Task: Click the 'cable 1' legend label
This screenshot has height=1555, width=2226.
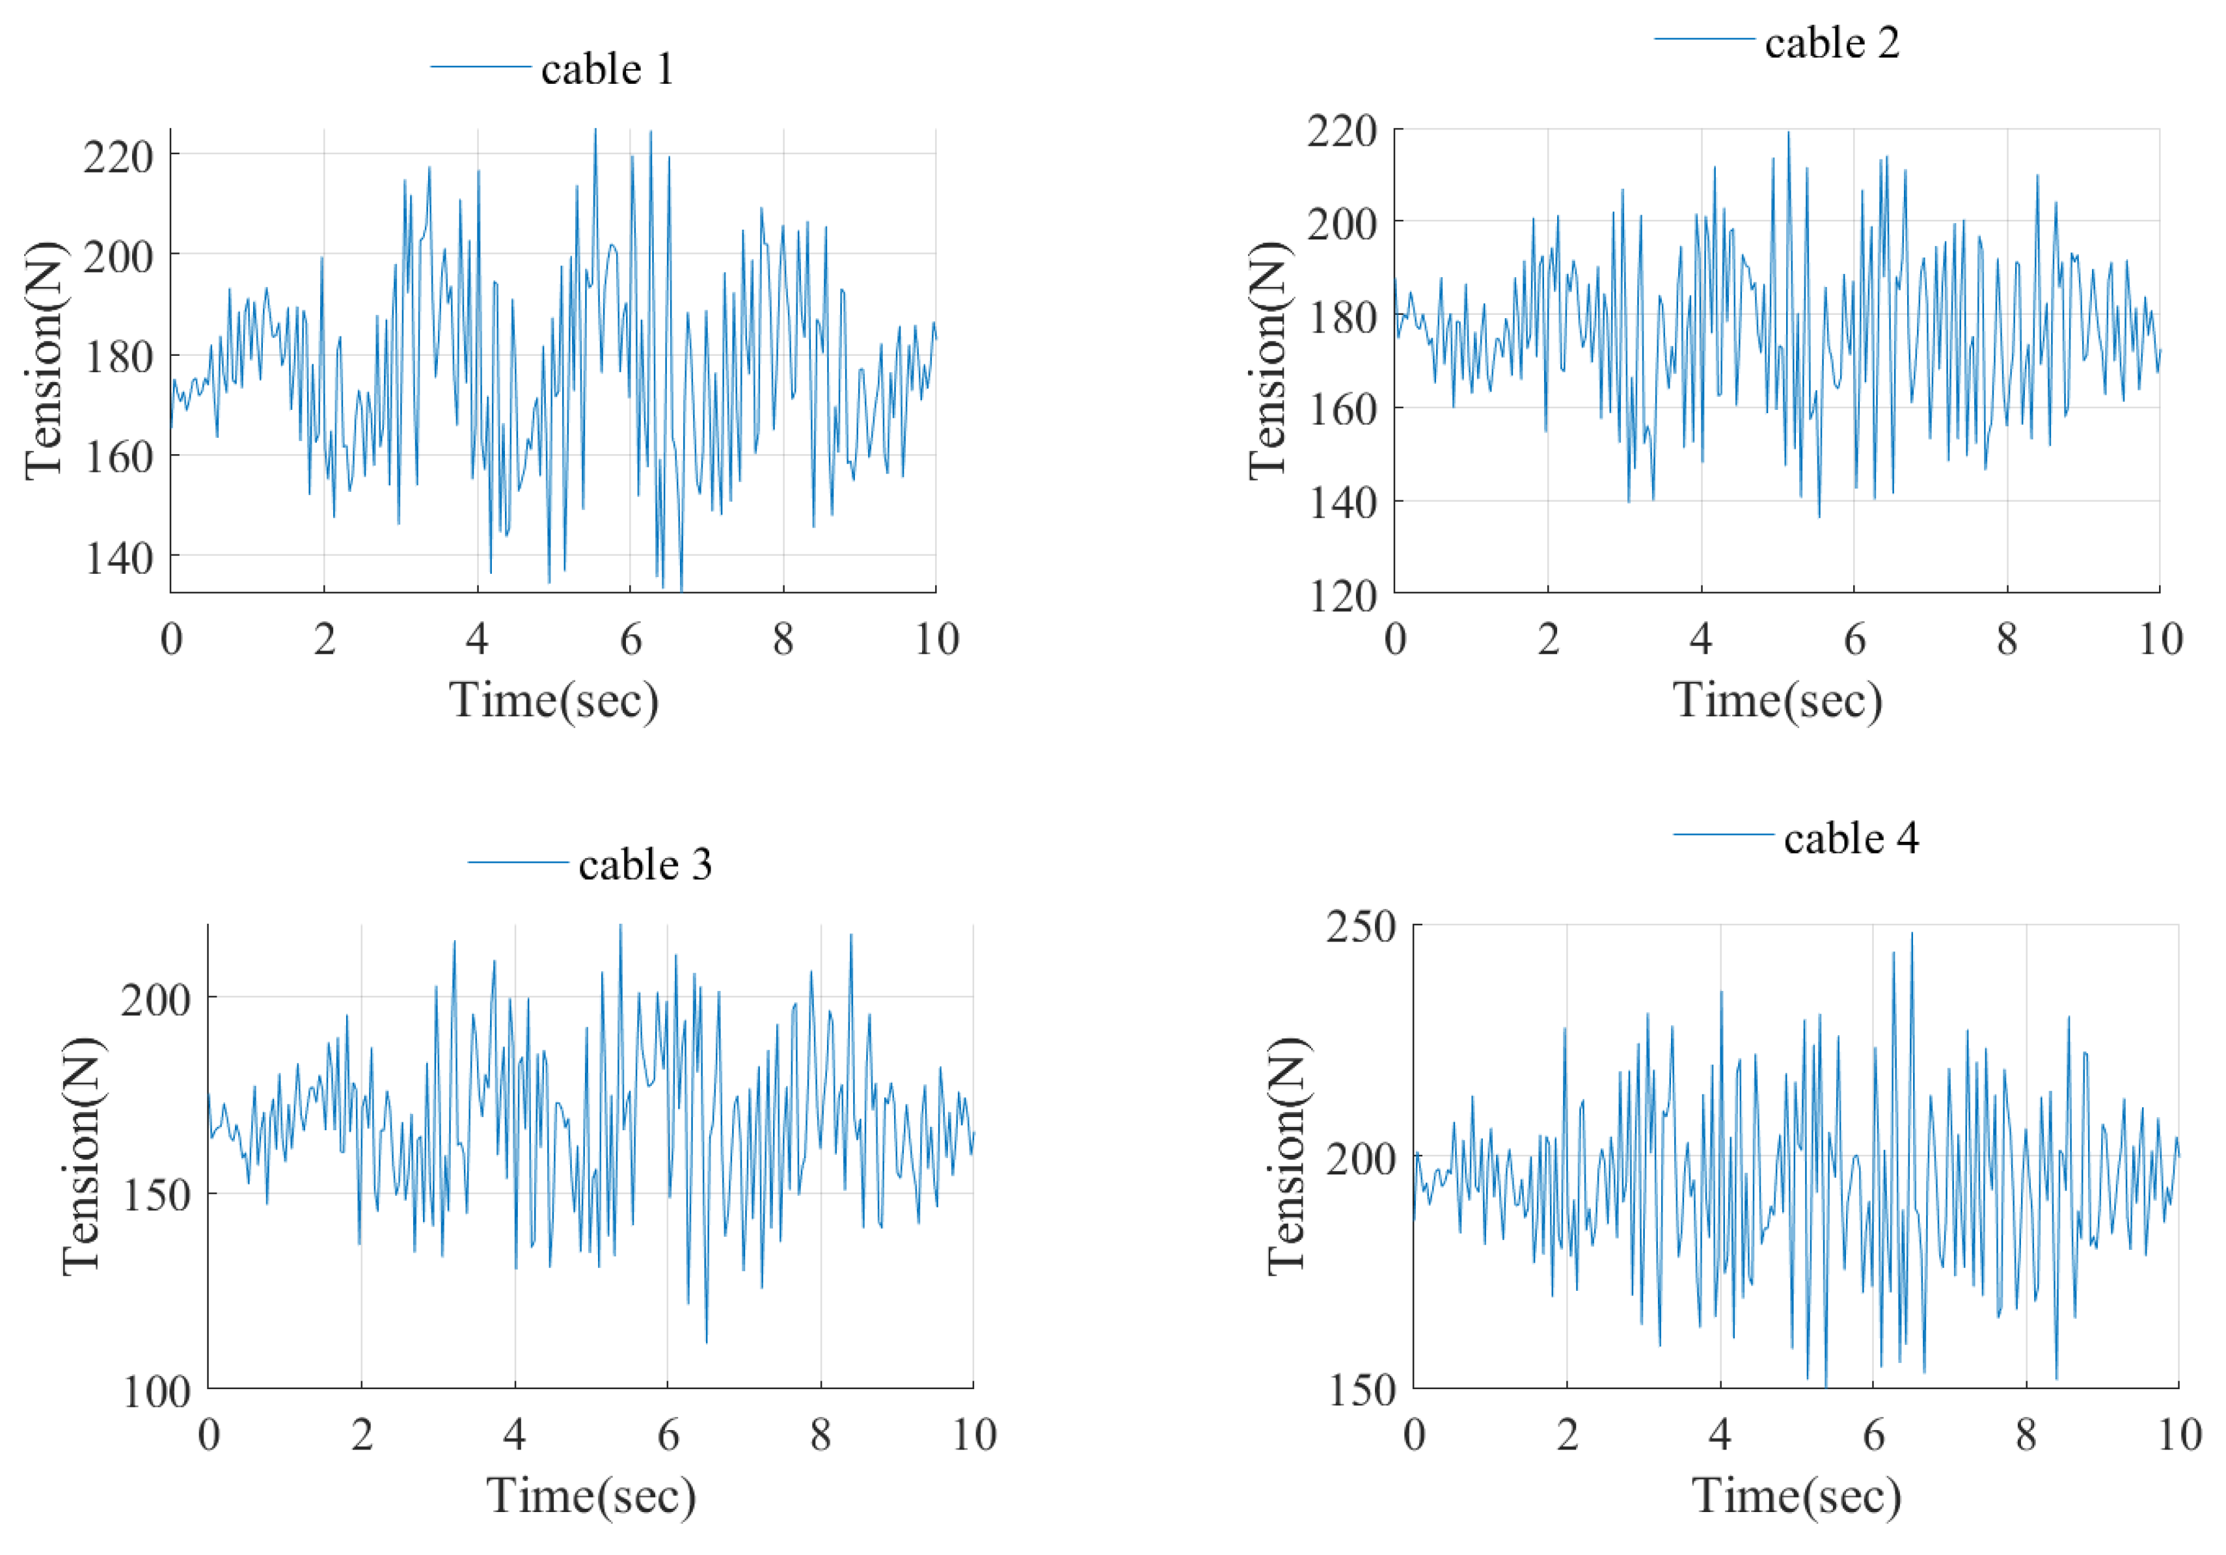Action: (x=607, y=70)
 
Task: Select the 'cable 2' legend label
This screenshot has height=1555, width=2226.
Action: (x=1832, y=44)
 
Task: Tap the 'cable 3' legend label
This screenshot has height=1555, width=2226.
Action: (x=645, y=865)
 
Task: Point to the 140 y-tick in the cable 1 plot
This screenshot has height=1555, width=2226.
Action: (x=118, y=558)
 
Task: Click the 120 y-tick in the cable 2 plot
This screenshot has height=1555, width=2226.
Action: (x=1343, y=596)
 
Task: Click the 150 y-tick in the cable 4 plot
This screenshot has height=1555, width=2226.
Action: (x=1360, y=1391)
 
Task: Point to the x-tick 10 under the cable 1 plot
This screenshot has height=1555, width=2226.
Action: (x=936, y=640)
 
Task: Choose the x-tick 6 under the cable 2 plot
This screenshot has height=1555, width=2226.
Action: (x=1854, y=640)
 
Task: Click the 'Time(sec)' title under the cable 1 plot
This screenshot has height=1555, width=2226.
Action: (x=554, y=700)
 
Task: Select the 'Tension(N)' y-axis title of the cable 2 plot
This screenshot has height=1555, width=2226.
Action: (x=1268, y=360)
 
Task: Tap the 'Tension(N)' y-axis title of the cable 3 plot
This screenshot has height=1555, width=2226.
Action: (x=83, y=1156)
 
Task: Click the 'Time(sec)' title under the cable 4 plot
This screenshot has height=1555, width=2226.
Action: (x=1797, y=1496)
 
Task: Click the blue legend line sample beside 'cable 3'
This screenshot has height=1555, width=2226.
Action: (x=518, y=863)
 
